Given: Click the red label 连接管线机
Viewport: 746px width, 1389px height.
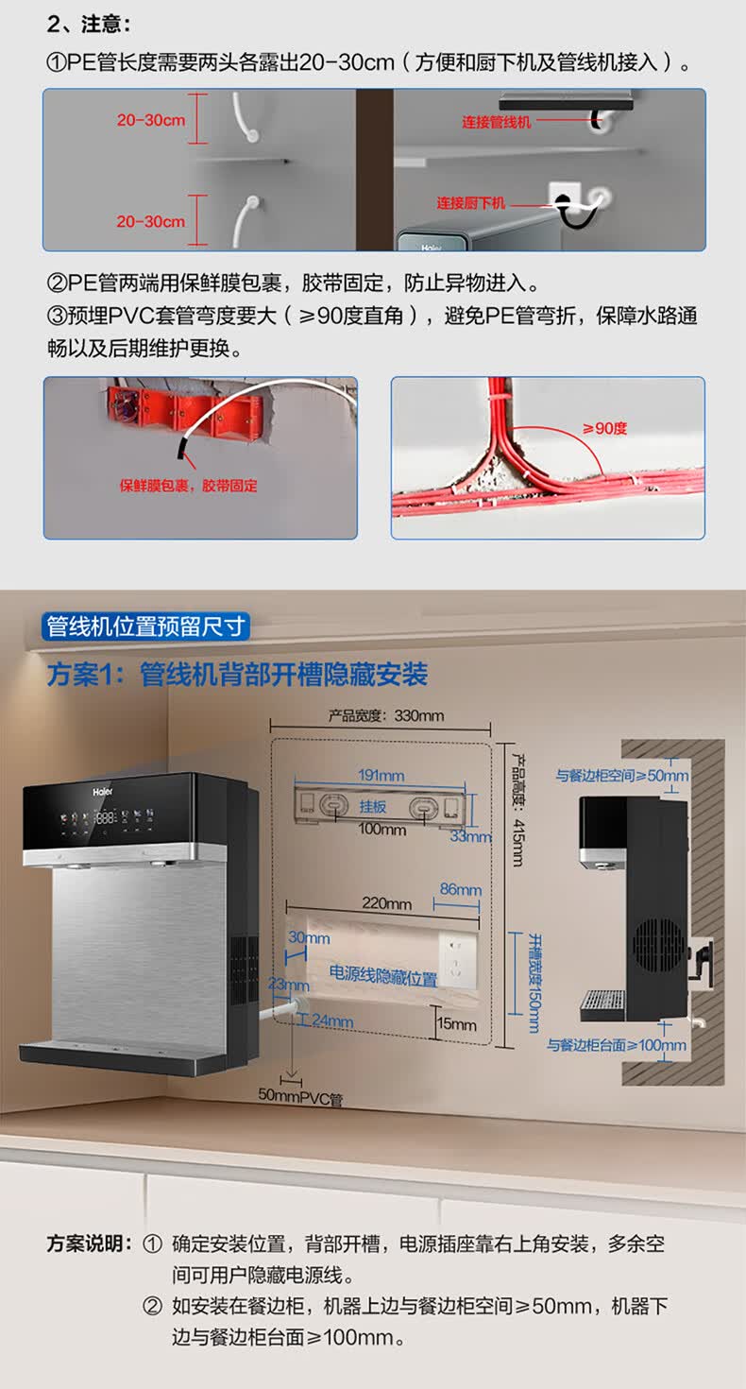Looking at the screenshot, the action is (497, 122).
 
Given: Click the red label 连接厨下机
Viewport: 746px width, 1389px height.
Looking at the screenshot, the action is (471, 203).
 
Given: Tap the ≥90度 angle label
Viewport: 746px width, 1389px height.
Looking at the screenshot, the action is (605, 428).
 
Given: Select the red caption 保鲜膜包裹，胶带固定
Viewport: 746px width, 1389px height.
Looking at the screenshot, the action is (188, 486).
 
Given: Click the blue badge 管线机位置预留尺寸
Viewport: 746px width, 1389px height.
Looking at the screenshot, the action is (147, 626).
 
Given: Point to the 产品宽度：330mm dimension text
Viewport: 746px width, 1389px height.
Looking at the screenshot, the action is (385, 715).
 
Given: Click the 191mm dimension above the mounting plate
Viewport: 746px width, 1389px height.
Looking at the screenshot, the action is (381, 776).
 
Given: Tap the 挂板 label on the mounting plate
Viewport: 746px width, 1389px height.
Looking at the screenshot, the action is (373, 807).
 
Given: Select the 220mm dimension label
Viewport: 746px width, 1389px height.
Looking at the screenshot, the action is (387, 904).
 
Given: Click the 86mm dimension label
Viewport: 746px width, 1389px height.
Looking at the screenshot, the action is (461, 889).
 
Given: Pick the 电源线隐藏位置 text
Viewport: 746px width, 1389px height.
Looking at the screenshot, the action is (382, 977).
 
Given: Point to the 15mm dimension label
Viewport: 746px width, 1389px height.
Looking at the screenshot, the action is (457, 1023).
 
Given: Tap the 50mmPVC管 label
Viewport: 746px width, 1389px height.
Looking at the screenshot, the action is (300, 1098).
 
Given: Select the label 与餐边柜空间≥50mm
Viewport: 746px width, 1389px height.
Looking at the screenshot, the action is (622, 777).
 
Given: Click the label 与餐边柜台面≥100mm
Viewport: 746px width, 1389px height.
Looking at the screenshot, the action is (618, 1045).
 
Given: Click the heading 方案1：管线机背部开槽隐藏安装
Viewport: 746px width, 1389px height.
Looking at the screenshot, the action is (237, 675).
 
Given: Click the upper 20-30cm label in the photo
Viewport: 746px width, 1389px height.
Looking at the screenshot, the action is (151, 120).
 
